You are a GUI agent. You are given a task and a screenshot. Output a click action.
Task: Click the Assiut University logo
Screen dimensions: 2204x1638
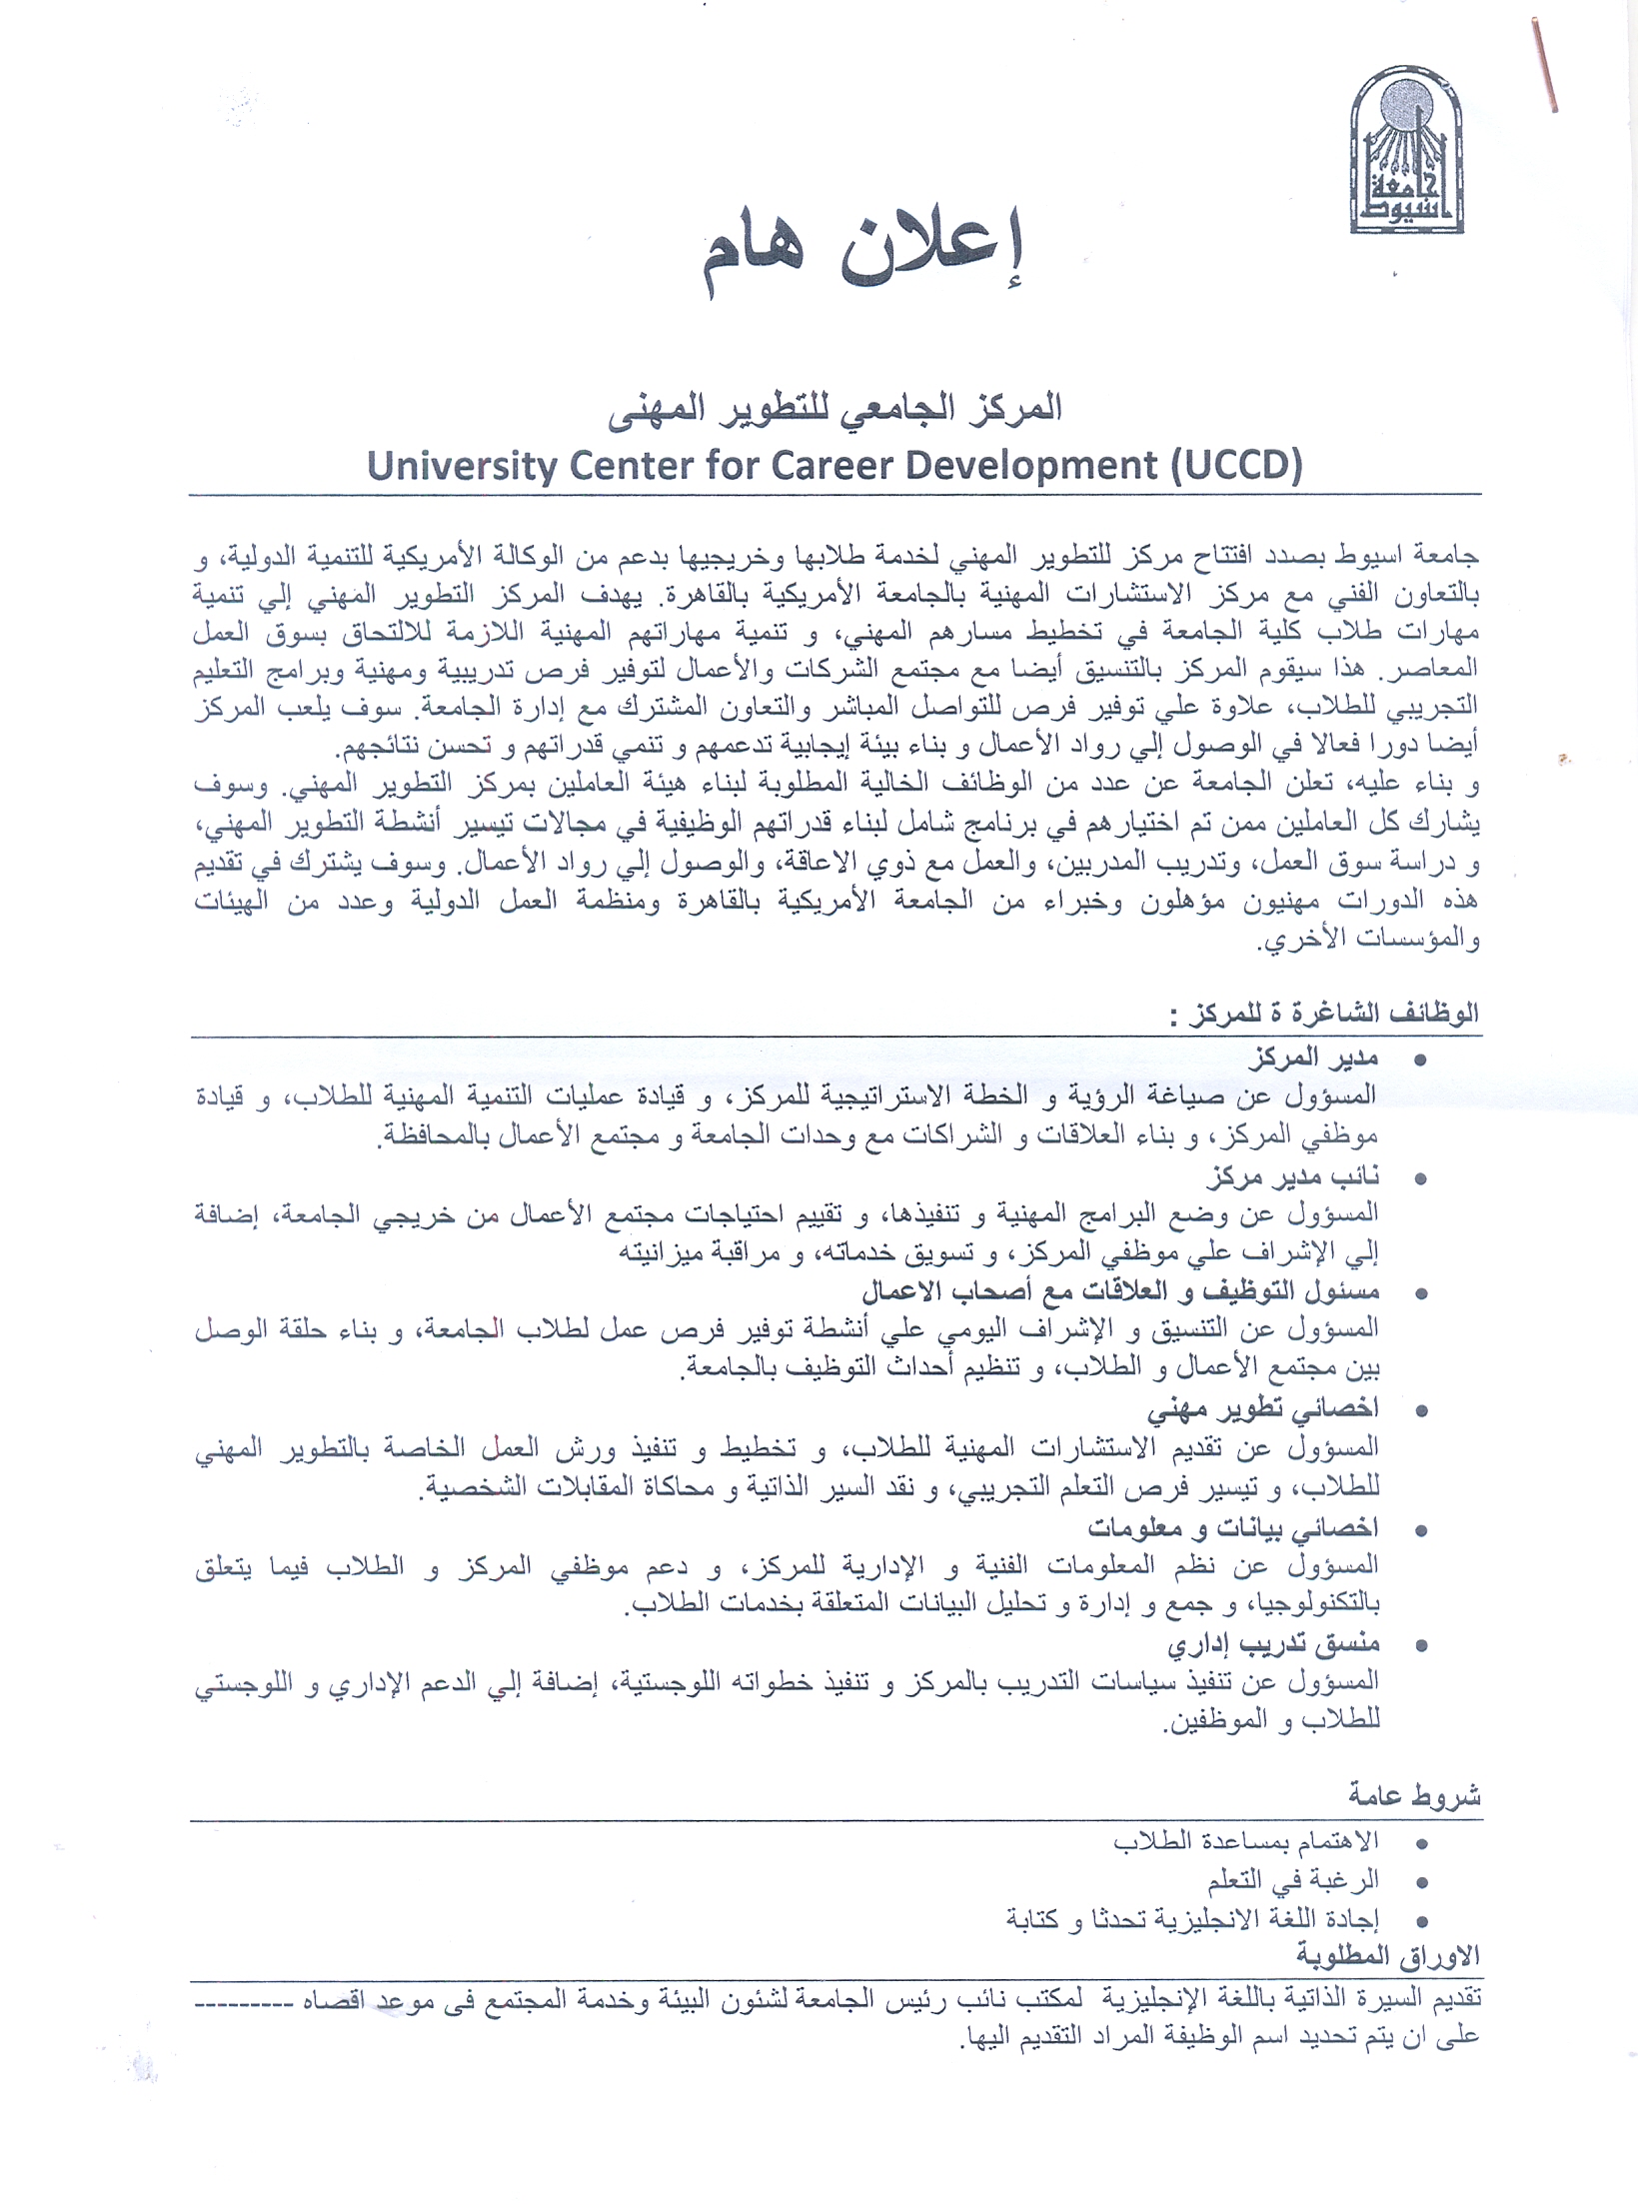1406,151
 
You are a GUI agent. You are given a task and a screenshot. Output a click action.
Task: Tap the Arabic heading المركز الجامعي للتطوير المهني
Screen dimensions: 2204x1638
834,409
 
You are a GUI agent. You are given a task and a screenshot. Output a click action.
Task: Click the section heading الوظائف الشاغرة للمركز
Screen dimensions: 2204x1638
1325,1015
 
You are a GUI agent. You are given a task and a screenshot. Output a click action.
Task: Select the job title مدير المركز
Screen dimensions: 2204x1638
1314,1058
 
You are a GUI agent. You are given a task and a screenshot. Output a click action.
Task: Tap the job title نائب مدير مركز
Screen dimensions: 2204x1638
1292,1176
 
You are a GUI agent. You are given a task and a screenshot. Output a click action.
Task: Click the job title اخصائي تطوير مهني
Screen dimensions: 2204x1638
1262,1409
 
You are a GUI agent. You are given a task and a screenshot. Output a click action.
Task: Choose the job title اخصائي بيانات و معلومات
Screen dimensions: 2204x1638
1232,1527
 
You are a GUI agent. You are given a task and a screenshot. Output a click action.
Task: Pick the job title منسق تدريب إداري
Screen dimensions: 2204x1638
1273,1644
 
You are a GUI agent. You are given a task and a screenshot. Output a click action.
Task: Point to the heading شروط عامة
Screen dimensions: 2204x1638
1414,1796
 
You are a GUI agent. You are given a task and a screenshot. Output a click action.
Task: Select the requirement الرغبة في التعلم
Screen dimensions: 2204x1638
1292,1880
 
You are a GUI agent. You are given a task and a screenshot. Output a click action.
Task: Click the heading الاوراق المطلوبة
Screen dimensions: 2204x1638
1387,1956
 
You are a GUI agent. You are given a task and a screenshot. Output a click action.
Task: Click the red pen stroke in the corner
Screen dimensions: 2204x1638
1544,65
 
